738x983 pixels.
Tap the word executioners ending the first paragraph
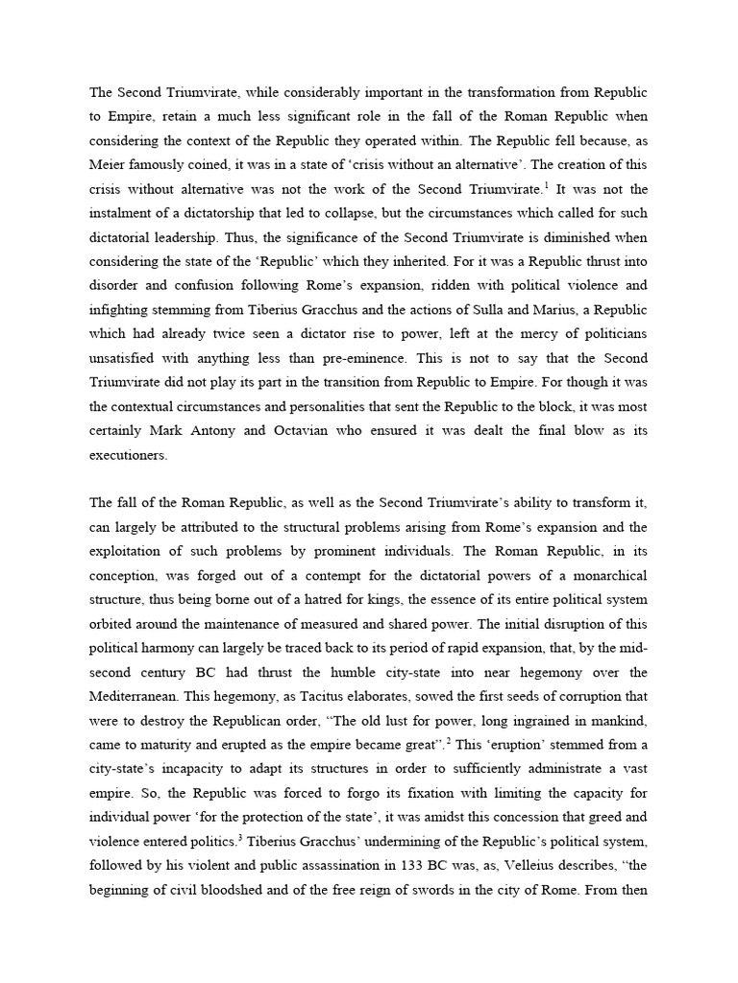click(129, 456)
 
